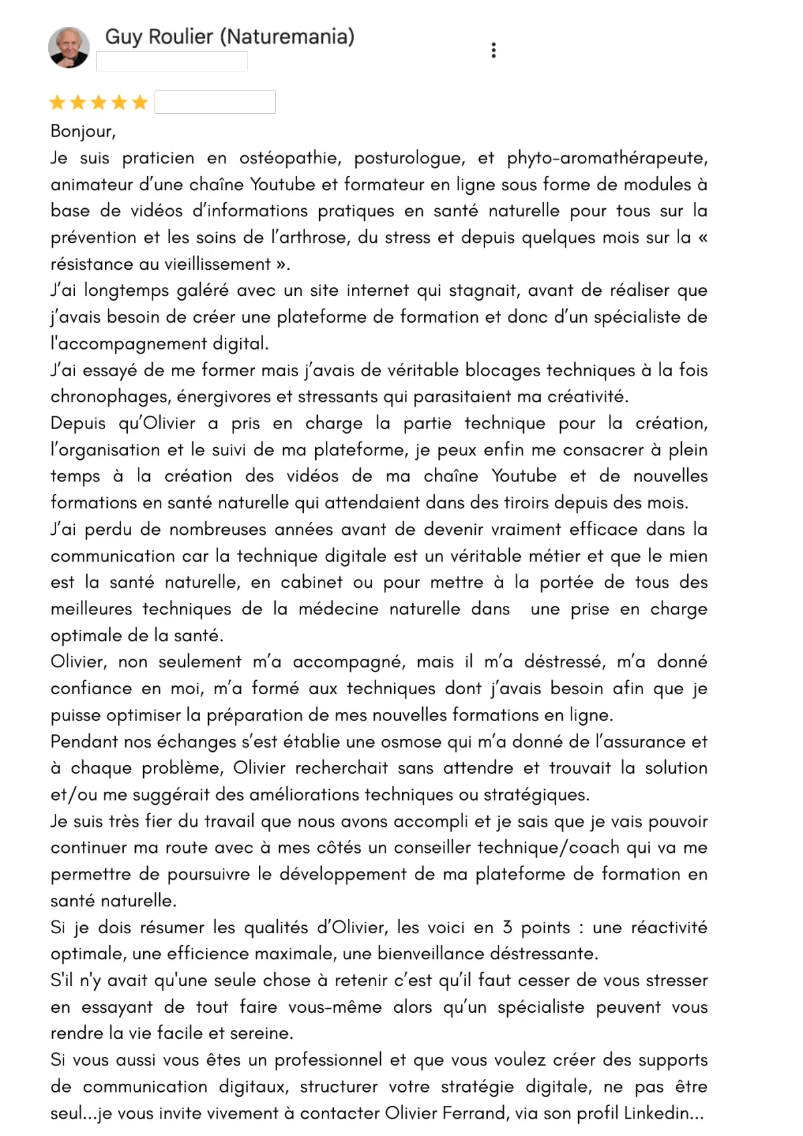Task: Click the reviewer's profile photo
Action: [69, 48]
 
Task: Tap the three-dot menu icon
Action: [493, 50]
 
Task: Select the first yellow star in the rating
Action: [58, 102]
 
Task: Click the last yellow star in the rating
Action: [140, 102]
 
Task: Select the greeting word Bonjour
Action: [82, 131]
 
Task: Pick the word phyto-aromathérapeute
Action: [606, 158]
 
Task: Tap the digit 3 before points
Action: [507, 928]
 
